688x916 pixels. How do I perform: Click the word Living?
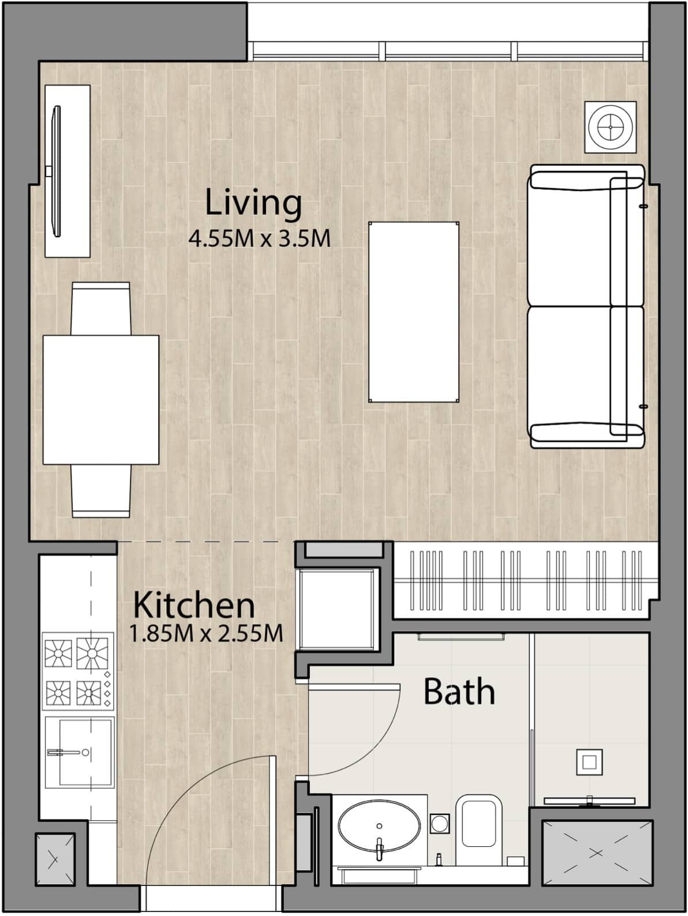[253, 204]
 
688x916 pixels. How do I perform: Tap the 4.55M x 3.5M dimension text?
[260, 238]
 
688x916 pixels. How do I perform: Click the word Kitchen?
[194, 605]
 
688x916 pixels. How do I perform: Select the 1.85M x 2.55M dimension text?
[206, 634]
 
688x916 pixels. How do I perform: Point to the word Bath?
[459, 692]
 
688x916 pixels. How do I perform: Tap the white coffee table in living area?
[414, 312]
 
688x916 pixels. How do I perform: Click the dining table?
[101, 400]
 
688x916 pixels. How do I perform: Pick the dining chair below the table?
[101, 490]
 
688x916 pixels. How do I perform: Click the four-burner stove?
[78, 671]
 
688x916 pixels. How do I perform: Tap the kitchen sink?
[78, 752]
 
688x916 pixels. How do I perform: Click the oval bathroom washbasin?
[379, 825]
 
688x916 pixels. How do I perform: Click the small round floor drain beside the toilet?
[440, 823]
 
